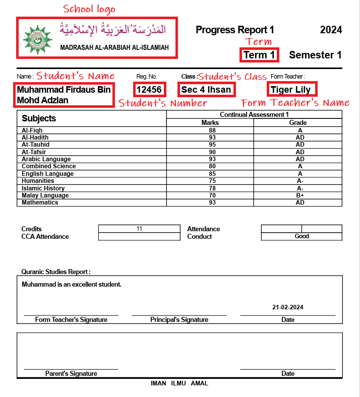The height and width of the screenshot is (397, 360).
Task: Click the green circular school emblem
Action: click(34, 38)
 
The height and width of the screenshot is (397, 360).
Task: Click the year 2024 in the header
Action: click(331, 30)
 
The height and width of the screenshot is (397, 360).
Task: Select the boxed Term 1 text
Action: click(259, 55)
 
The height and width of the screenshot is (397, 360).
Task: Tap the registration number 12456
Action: click(149, 90)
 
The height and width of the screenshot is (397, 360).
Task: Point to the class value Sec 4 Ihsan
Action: click(206, 90)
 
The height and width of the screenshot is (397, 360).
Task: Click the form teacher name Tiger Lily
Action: click(290, 90)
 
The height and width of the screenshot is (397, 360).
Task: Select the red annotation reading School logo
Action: click(89, 9)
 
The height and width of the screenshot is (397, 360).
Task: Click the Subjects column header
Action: click(39, 118)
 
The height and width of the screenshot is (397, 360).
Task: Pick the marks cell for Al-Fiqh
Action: click(209, 130)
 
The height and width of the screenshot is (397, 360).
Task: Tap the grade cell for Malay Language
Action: click(299, 195)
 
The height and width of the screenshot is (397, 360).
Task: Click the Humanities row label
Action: click(38, 181)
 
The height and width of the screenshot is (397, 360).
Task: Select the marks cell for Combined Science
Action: click(209, 166)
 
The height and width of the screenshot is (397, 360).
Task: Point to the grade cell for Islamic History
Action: click(299, 188)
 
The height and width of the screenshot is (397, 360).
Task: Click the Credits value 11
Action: click(139, 229)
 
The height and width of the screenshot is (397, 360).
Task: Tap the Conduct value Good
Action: click(302, 236)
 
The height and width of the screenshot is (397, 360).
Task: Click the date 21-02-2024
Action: click(288, 307)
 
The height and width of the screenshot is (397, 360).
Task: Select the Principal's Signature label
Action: click(179, 320)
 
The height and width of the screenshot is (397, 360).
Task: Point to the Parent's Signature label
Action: click(71, 374)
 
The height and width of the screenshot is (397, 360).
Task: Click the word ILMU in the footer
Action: click(178, 383)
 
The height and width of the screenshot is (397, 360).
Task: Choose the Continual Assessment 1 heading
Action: click(254, 115)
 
